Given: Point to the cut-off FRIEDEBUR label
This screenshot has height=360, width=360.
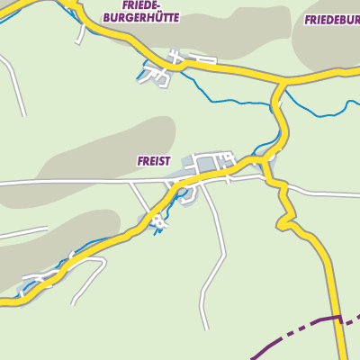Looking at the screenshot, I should (331, 19).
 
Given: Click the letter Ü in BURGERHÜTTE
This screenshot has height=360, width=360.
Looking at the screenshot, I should (157, 17).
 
